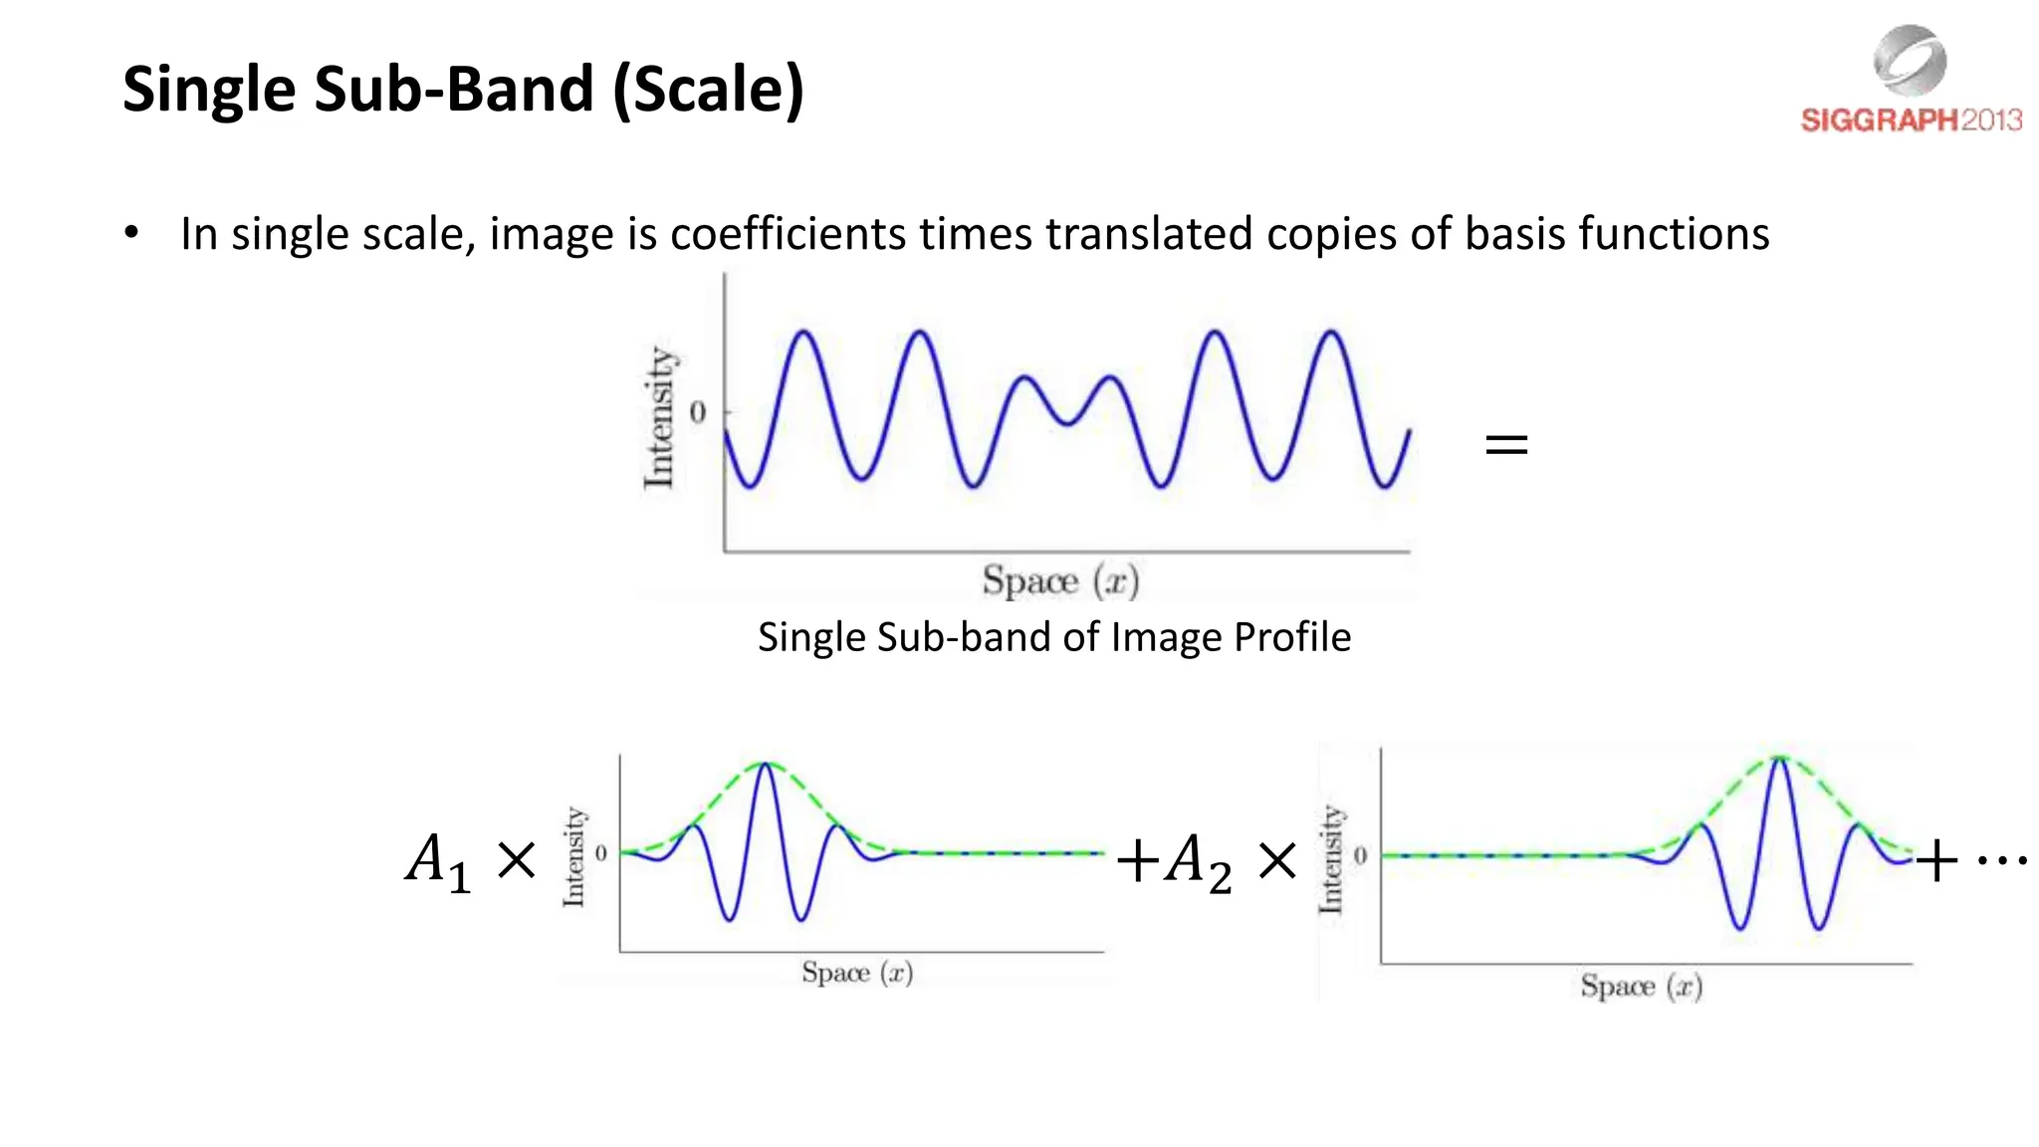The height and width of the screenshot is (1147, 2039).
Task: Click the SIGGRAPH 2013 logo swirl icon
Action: tap(1910, 60)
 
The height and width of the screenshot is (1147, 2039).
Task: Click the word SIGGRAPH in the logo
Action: tap(1879, 120)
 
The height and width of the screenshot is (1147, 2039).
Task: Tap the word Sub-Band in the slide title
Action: tap(454, 90)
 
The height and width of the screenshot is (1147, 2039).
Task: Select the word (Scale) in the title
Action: tap(708, 90)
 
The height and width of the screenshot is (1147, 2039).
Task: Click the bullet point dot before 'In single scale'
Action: tap(131, 233)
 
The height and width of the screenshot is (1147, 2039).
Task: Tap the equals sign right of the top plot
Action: tap(1505, 444)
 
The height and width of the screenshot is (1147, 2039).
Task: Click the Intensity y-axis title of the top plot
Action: tap(658, 418)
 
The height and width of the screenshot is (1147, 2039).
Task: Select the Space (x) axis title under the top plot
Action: tap(1060, 580)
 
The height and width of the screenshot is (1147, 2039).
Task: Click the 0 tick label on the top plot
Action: tap(697, 412)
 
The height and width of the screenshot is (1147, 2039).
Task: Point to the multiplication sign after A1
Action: tap(516, 859)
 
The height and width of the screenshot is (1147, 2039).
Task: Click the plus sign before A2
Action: tap(1137, 860)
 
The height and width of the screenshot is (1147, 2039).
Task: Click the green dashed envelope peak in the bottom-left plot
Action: tap(765, 764)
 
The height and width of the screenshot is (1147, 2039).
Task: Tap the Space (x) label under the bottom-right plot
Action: tap(1641, 987)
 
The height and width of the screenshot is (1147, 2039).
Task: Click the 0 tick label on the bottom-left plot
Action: tap(600, 853)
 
